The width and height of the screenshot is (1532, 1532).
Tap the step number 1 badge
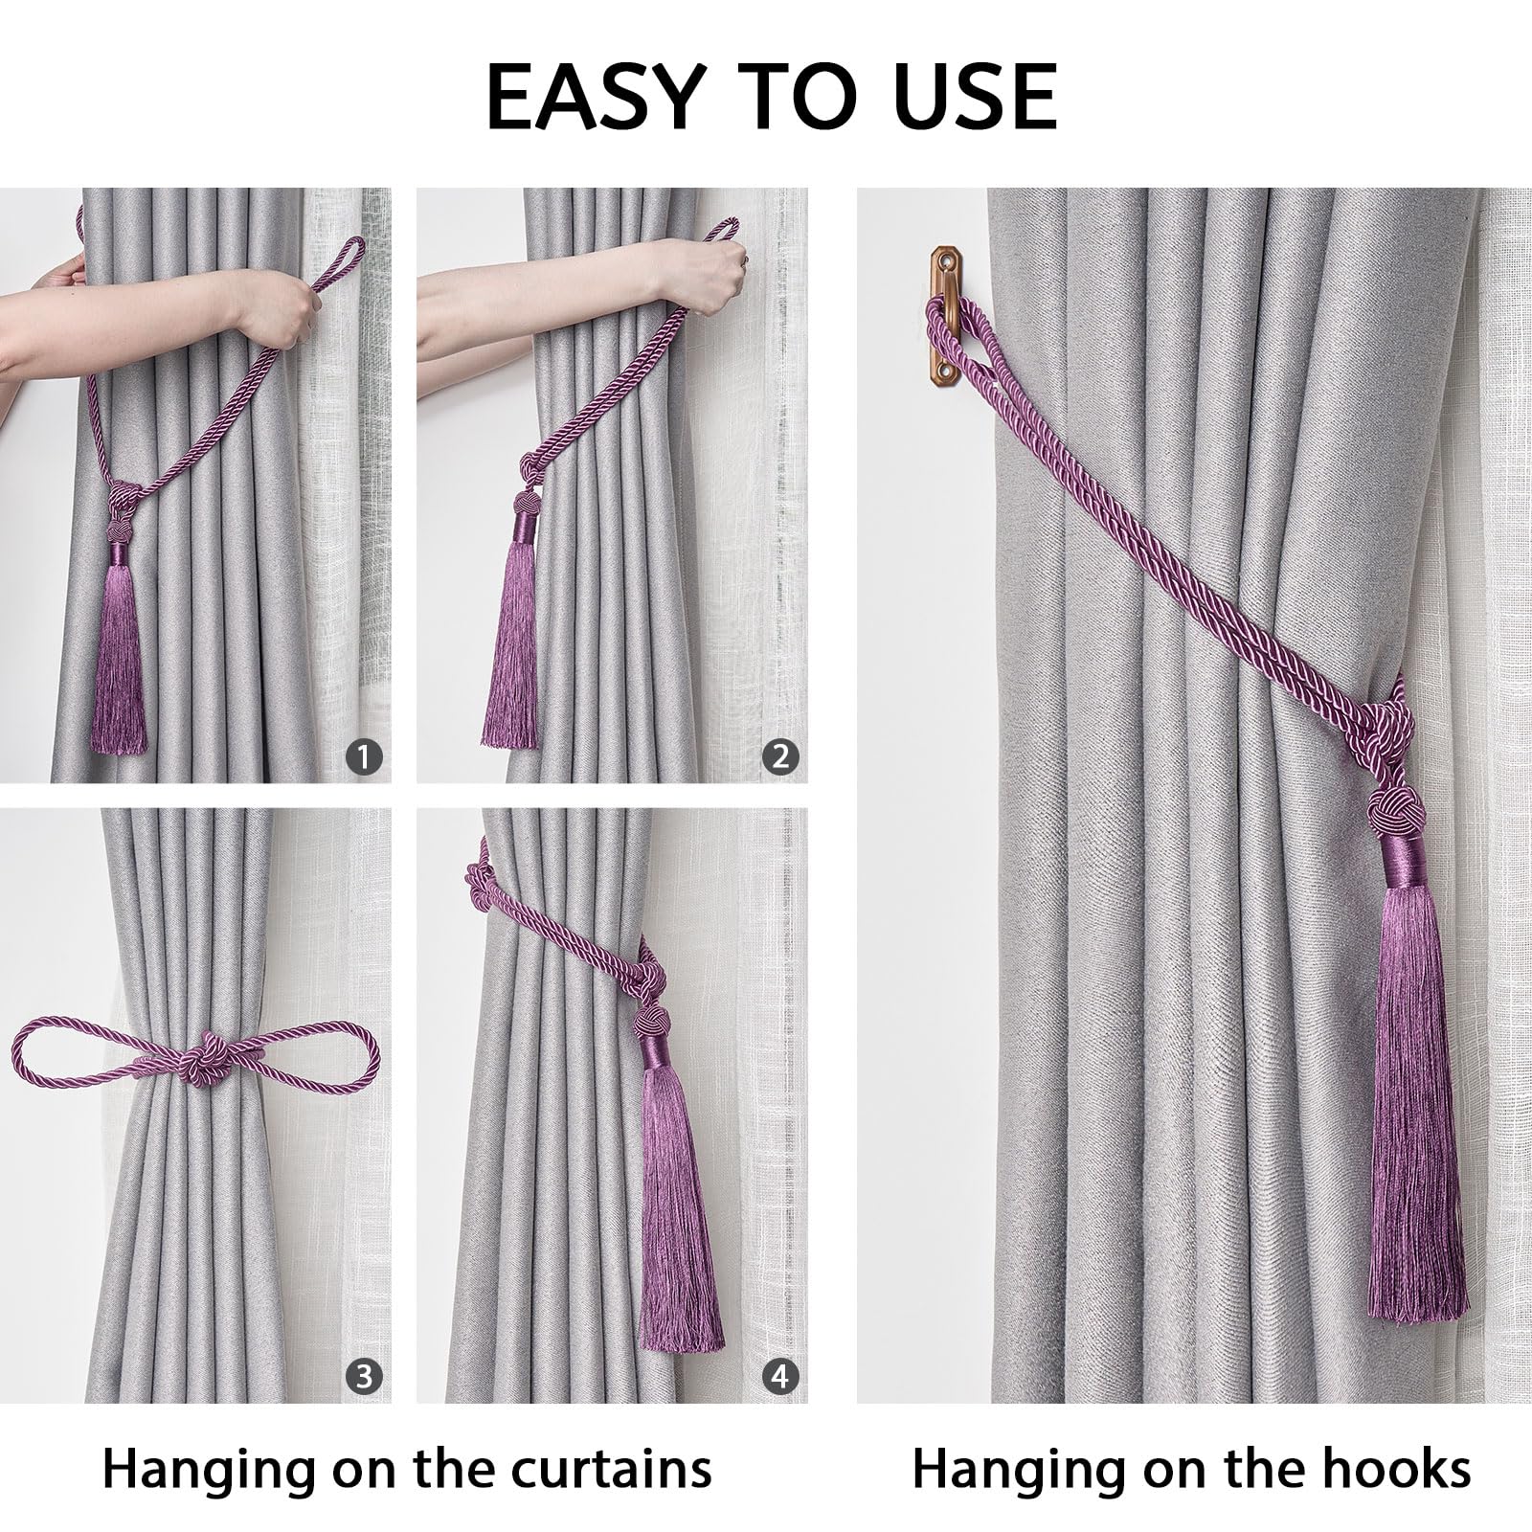coord(364,757)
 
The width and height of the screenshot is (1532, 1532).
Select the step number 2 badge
coord(780,757)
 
